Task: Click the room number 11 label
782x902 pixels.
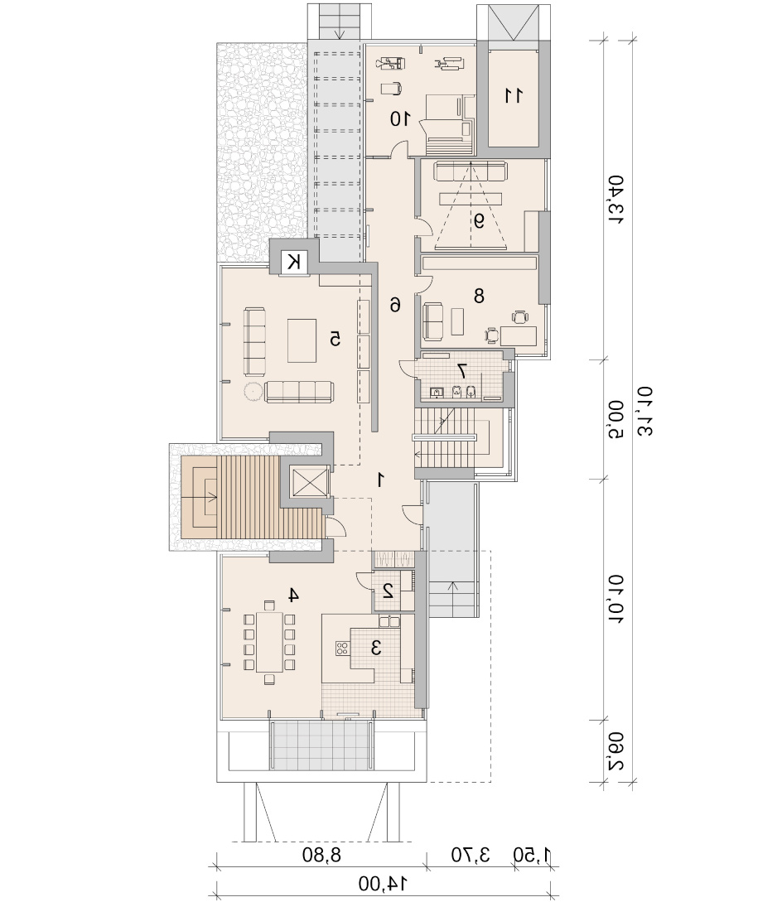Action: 514,95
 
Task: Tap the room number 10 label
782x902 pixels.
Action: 400,119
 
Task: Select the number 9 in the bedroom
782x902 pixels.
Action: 479,220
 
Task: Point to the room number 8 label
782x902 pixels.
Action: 479,296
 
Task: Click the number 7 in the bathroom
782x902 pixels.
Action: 461,370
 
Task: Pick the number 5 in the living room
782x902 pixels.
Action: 335,339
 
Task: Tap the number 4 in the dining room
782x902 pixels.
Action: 293,596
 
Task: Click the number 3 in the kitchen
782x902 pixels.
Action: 376,649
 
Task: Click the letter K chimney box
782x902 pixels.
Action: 294,263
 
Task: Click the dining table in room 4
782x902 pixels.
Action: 269,642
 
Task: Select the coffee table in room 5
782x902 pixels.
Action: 302,340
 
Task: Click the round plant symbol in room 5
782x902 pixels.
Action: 252,393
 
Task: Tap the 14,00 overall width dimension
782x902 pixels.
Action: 383,882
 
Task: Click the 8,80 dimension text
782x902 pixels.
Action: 321,855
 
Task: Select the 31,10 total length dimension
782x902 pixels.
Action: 645,412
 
